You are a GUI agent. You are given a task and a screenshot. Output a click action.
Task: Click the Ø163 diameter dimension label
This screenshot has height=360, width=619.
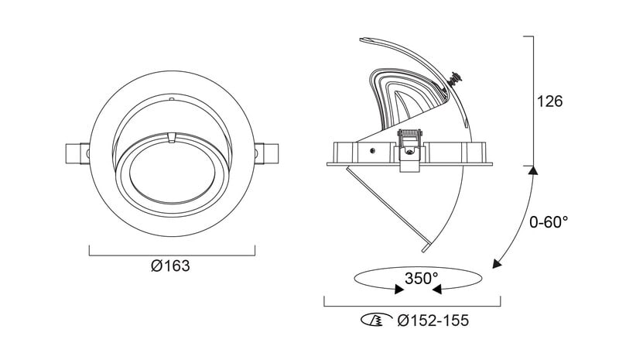(x=170, y=266)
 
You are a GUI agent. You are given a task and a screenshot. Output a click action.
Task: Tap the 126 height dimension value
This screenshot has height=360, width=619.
(x=549, y=101)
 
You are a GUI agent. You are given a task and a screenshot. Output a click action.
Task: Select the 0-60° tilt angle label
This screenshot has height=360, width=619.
(x=549, y=222)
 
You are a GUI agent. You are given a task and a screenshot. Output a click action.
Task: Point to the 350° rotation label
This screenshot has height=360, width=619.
(x=421, y=278)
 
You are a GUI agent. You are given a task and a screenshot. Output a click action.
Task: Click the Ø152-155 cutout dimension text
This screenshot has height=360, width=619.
(x=433, y=321)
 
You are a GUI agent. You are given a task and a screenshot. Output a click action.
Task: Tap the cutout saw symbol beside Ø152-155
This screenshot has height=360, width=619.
(x=377, y=320)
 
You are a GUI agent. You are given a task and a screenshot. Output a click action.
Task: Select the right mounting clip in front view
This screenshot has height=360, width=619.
(x=266, y=153)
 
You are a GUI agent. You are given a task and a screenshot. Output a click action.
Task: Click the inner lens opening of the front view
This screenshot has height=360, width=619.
(x=172, y=173)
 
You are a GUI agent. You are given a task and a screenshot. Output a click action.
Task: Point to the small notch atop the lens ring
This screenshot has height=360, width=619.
(x=171, y=138)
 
